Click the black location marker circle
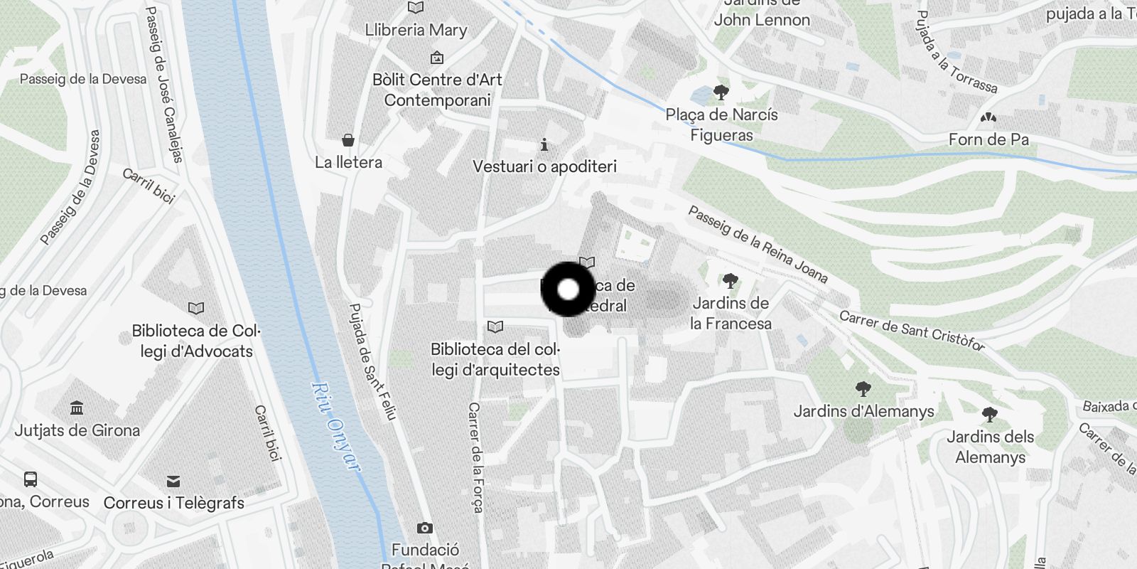[x=568, y=289]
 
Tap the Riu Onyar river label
[x=335, y=426]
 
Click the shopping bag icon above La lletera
[x=348, y=139]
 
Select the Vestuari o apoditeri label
[x=544, y=166]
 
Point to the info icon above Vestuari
[x=544, y=145]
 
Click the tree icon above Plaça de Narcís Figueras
[x=721, y=92]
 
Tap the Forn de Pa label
[x=988, y=139]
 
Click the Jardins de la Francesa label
[x=731, y=313]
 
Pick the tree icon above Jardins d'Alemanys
[x=863, y=388]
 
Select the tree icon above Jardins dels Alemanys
[x=989, y=414]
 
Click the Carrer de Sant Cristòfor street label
[x=912, y=331]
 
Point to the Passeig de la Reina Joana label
[x=758, y=244]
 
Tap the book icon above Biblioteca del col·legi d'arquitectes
[x=495, y=326]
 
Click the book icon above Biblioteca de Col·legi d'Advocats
[x=196, y=308]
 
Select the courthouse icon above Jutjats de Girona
[x=77, y=408]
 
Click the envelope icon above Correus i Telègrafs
[x=173, y=482]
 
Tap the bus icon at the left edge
[x=31, y=479]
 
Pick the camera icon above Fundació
[x=425, y=528]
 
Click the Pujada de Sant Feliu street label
[x=372, y=361]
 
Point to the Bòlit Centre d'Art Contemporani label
[x=437, y=90]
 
